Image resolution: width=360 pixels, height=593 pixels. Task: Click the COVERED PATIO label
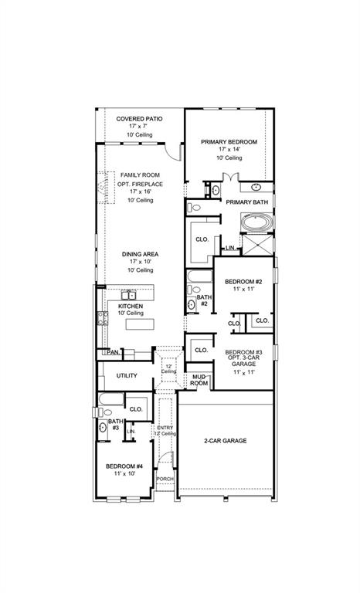coord(139,119)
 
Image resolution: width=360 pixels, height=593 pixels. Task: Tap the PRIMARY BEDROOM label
coord(229,142)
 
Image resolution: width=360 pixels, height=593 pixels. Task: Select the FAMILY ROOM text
coord(139,176)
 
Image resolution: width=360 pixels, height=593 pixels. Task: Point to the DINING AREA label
coord(139,255)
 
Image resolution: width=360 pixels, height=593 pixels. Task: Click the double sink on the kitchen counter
coord(129,294)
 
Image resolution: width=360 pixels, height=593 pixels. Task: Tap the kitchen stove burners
coord(100,317)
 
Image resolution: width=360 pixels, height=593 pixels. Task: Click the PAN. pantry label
coord(113,352)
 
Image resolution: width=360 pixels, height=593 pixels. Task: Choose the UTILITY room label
coord(127,376)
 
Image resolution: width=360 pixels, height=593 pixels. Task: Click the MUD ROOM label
coord(199,380)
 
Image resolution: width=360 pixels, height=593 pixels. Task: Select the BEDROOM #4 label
coord(124,466)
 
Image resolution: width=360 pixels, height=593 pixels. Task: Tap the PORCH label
coord(165,479)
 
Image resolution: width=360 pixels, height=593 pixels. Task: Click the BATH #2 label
coord(204,300)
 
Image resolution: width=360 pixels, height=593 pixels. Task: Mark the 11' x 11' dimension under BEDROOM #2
coord(243,290)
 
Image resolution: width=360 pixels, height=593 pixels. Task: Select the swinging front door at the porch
coord(163,462)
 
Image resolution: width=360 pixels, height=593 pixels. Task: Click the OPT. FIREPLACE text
coord(139,185)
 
